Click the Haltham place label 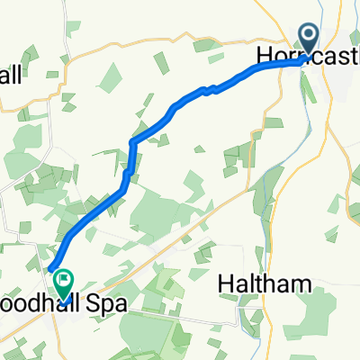pyautogui.click(x=266, y=284)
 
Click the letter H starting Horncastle pyautogui.click(x=264, y=56)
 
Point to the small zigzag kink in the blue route pyautogui.click(x=209, y=88)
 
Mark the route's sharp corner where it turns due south pyautogui.click(x=132, y=142)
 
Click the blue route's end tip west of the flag pyautogui.click(x=49, y=267)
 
